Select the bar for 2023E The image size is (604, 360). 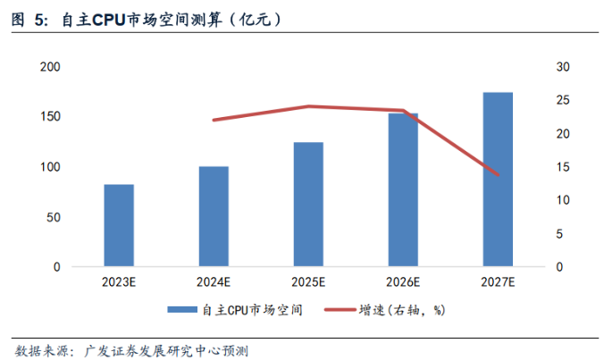coord(119,225)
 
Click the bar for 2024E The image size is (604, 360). coord(214,216)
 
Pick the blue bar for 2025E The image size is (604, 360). coord(308,204)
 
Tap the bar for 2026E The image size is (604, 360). coord(403,189)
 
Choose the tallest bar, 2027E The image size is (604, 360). coord(498,179)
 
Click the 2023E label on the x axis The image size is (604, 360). coord(119,282)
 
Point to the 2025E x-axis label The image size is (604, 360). coord(308,282)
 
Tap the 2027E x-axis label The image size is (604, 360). coord(498,282)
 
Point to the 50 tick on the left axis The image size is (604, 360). coord(54,217)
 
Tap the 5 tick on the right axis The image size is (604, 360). coord(560,234)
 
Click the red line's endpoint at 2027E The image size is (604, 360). coord(498,175)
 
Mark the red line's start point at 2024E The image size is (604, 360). coord(214,120)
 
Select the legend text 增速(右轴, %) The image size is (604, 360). coord(402,311)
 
